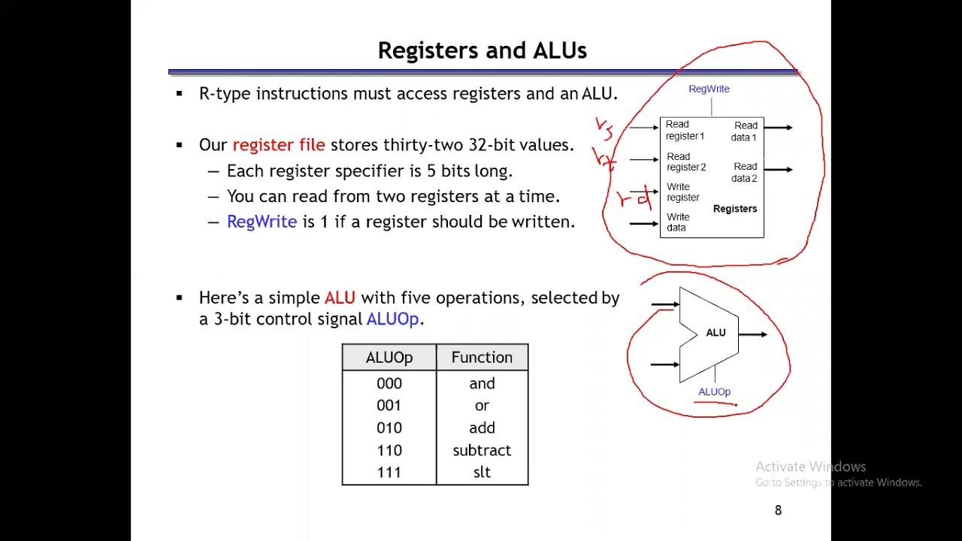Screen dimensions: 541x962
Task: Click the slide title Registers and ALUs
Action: point(482,50)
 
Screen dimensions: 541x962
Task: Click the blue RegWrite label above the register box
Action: point(709,89)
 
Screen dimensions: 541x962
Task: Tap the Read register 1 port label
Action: point(685,130)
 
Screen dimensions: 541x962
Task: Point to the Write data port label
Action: point(677,222)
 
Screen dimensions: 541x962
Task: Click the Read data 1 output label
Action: point(744,131)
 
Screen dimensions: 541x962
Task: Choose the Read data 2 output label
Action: point(744,172)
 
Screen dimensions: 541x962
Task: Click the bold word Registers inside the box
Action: point(734,209)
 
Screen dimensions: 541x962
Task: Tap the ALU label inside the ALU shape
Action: point(715,333)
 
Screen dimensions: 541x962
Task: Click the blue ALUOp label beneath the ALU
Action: point(714,391)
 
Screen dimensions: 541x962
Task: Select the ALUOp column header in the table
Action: point(389,358)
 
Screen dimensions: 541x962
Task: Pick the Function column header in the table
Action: point(482,358)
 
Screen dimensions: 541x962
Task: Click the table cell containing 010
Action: point(389,428)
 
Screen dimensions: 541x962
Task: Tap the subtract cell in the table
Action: point(482,450)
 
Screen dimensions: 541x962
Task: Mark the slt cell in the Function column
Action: point(482,473)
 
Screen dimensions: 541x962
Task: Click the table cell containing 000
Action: point(389,383)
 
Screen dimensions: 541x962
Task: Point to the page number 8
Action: point(778,510)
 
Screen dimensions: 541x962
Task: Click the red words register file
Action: point(279,145)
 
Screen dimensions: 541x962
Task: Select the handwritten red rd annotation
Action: point(632,198)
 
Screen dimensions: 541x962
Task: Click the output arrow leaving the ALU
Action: point(753,334)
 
